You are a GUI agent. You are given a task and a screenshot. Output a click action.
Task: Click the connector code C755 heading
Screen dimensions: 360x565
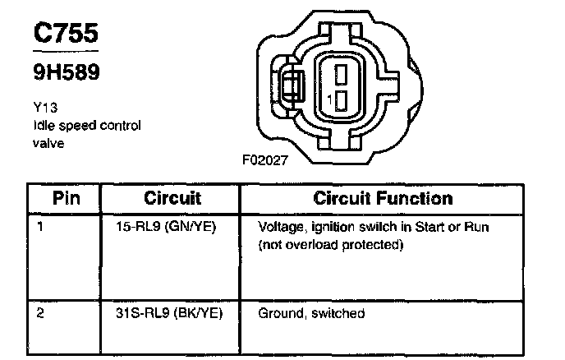[65, 33]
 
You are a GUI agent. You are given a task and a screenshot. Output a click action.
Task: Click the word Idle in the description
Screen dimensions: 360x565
[44, 126]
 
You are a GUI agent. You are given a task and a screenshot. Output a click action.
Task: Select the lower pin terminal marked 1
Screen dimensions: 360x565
[341, 100]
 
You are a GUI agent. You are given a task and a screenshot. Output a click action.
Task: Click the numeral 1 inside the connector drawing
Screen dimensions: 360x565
[329, 100]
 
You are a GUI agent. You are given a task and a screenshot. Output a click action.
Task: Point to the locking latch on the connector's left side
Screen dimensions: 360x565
[289, 85]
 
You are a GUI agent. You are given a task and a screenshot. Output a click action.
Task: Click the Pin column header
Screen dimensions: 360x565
[66, 198]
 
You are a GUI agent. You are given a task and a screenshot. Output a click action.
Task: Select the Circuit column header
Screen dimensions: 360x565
[172, 198]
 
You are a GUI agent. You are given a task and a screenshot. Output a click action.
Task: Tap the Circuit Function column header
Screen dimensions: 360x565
[383, 198]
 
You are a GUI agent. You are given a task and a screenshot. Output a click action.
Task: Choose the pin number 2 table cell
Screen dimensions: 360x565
[41, 314]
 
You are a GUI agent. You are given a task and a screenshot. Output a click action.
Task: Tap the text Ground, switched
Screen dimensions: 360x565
[311, 314]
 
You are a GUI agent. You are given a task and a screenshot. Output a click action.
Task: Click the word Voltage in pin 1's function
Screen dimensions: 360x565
[281, 226]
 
